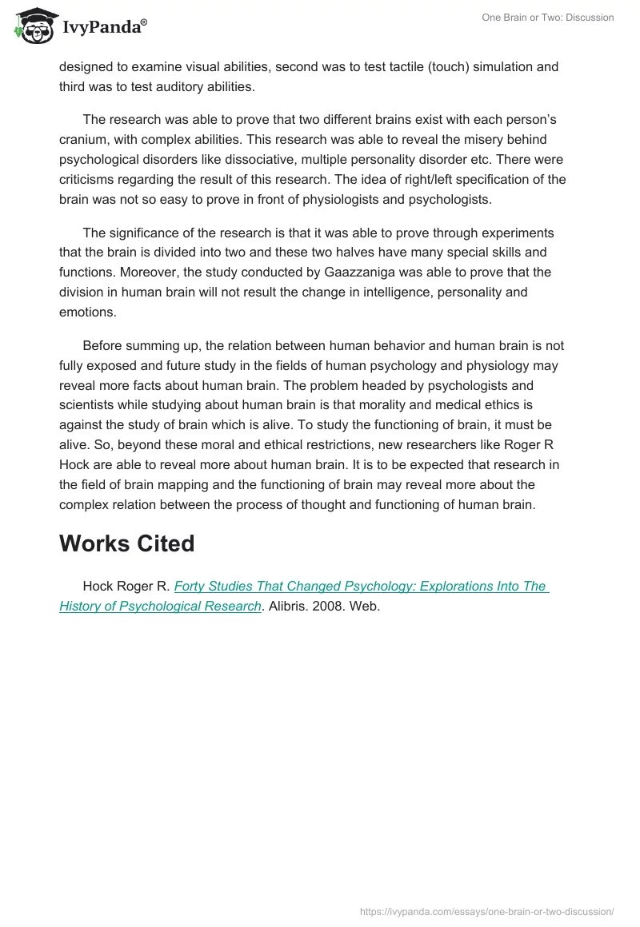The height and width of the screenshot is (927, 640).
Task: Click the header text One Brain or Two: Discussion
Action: pyautogui.click(x=547, y=18)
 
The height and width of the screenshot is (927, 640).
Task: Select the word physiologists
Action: pyautogui.click(x=319, y=200)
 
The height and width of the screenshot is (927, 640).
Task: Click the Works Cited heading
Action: pyautogui.click(x=127, y=543)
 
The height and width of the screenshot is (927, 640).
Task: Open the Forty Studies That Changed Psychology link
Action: pyautogui.click(x=360, y=586)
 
